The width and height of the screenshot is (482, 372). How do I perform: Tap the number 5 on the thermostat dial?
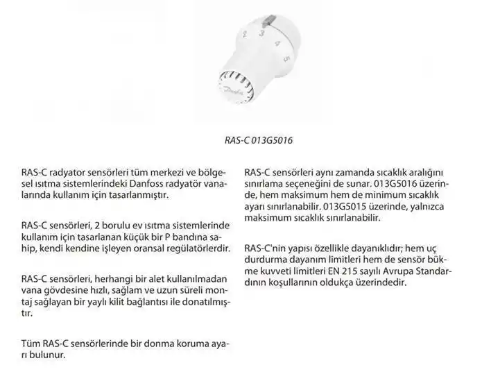click(x=286, y=59)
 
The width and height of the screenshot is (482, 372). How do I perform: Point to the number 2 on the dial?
click(x=243, y=34)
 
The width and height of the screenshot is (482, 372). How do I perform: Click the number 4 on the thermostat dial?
click(x=277, y=43)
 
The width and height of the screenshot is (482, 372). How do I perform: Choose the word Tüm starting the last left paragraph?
click(x=30, y=344)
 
